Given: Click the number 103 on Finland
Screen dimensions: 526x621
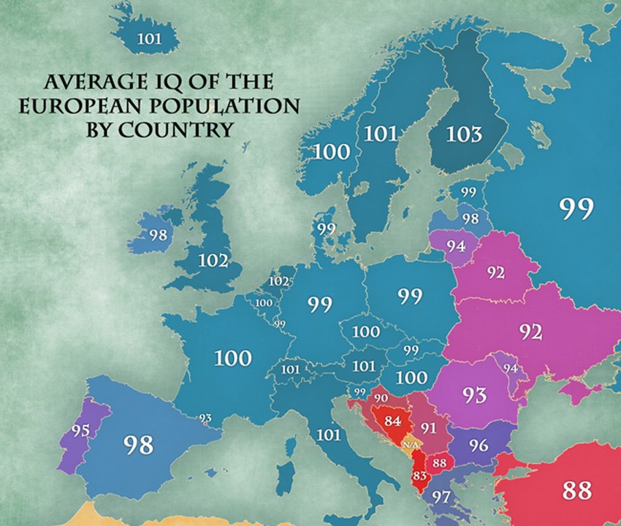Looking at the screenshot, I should point(465,134).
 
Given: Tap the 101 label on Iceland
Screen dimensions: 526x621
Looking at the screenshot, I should point(148,38).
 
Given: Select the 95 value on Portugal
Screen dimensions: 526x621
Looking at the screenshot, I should point(80,430).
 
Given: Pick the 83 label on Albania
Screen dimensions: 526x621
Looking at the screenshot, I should point(420,476).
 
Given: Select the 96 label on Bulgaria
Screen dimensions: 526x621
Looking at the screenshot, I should point(479,443).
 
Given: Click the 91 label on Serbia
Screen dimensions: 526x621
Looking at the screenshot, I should point(428,428).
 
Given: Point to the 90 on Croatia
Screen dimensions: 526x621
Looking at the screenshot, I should point(381,397).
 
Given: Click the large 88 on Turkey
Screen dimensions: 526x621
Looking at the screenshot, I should point(576,490).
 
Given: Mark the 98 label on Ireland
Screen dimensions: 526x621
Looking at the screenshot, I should point(158,235).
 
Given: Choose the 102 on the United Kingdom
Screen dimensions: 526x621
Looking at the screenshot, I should point(213,261).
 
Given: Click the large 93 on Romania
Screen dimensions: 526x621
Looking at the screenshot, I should point(475,395).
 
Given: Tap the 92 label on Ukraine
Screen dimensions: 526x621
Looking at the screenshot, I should point(531,332).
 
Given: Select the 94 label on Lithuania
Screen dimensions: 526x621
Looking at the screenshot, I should point(457,245).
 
